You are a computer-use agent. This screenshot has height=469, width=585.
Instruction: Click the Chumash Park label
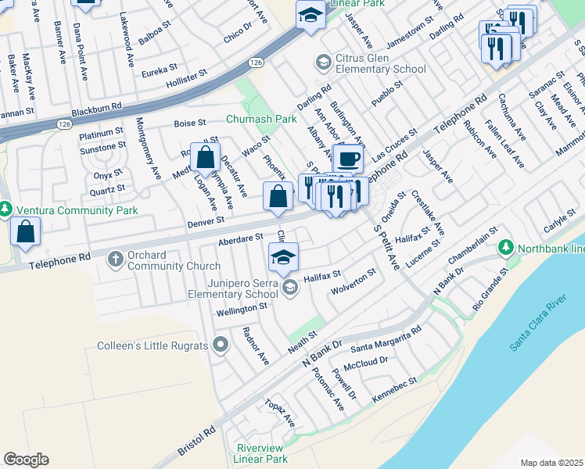262,120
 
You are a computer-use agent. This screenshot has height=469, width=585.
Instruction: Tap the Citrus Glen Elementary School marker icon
322,62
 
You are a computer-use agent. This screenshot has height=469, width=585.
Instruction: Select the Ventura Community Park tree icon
5,209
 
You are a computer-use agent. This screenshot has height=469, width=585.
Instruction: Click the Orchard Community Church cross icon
115,259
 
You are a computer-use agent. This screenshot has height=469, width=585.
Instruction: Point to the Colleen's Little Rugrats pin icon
221,344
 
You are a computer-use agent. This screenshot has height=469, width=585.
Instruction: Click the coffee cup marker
348,159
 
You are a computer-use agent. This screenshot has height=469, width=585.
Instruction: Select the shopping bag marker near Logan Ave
205,157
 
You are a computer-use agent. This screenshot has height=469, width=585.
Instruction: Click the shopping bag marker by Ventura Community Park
26,231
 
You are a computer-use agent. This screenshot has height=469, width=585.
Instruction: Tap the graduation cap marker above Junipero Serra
284,256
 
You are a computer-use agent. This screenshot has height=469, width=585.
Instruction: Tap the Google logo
27,460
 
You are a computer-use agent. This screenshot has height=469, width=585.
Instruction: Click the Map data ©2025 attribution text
551,463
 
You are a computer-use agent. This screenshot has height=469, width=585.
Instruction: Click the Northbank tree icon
506,248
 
